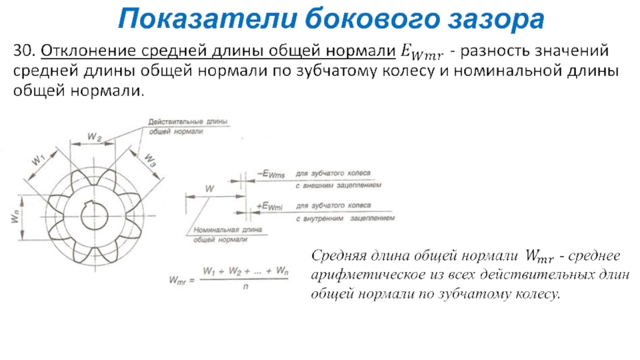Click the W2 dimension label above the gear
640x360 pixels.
[94, 138]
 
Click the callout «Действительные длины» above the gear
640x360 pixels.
[187, 122]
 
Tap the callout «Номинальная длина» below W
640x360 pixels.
[222, 230]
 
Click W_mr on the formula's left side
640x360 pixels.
[178, 280]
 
